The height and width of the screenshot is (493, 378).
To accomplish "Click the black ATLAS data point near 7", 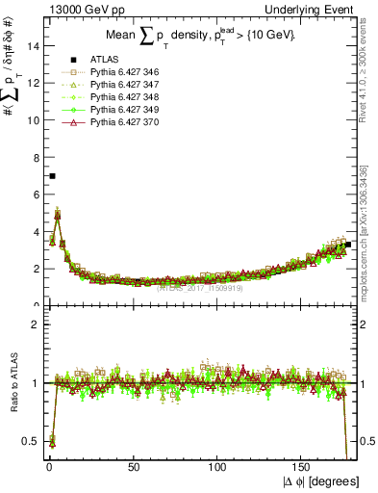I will [x=52, y=176].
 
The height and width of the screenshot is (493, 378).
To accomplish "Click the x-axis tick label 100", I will [x=218, y=466].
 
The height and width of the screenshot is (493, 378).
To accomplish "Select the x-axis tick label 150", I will [x=303, y=466].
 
